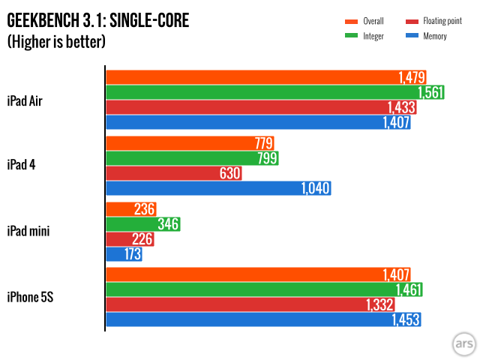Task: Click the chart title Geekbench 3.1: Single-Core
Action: click(98, 21)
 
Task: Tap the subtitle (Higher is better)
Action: click(56, 42)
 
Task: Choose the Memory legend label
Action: click(435, 36)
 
